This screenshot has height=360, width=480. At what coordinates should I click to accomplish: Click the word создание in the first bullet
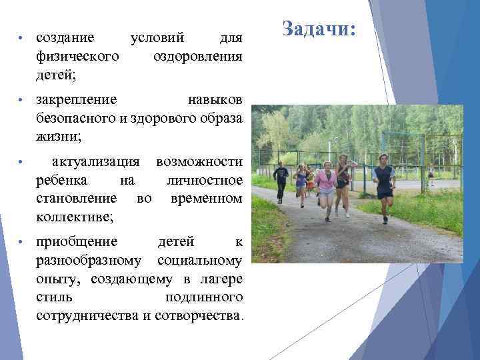click(65, 39)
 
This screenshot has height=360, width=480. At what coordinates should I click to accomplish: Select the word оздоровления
click(197, 57)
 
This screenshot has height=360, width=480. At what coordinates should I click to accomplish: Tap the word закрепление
click(77, 101)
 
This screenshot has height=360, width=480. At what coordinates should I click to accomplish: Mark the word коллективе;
click(75, 217)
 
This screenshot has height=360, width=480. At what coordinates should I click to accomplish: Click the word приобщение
click(77, 241)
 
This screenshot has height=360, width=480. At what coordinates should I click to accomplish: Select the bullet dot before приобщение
click(22, 242)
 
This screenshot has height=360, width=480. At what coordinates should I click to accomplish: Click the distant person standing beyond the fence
click(431, 175)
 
